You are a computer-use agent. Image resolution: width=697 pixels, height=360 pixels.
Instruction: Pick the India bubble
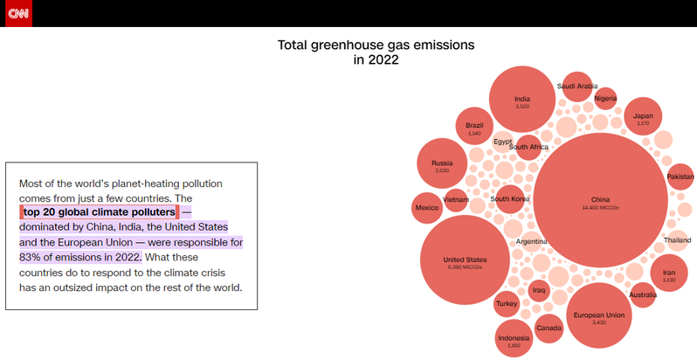[x=522, y=101]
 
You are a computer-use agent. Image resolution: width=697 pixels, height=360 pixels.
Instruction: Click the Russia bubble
[x=441, y=165]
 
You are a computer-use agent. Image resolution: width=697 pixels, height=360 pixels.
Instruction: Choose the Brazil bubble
[x=474, y=127]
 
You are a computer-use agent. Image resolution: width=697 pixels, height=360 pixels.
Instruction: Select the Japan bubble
[x=643, y=117]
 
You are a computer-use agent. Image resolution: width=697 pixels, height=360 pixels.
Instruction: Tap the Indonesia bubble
[x=514, y=339]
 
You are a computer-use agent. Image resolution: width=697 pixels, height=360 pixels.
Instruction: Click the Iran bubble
[x=669, y=273]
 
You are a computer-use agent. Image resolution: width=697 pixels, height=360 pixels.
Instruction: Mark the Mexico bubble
[x=427, y=207]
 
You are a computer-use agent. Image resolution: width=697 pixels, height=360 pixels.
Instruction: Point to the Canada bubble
[x=549, y=329]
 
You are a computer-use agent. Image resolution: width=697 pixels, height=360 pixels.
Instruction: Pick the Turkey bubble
[x=507, y=304]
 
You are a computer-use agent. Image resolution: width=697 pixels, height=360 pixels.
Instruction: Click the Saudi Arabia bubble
[x=577, y=87]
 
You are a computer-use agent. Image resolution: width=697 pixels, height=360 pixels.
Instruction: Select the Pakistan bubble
[x=680, y=177]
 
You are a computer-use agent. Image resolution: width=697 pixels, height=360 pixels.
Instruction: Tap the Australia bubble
[x=642, y=294]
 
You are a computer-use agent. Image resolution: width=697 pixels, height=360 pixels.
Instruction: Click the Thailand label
[x=677, y=240]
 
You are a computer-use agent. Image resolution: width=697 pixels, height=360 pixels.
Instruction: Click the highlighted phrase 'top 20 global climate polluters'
[x=99, y=212]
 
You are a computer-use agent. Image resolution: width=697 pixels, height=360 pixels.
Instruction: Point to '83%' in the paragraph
[x=31, y=257]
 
